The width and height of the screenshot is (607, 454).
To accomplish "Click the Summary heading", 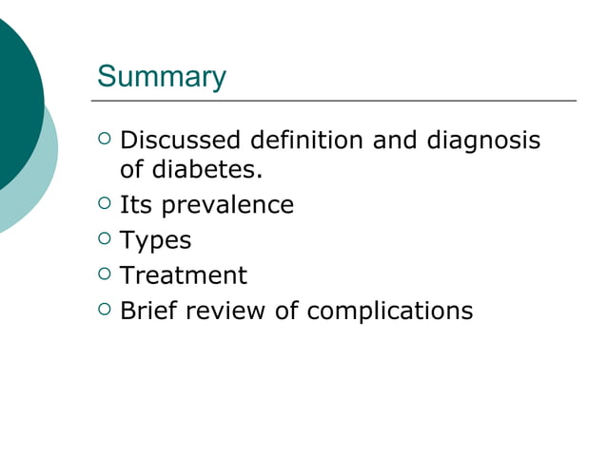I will click(162, 76).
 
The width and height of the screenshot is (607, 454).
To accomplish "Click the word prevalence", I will click(229, 205).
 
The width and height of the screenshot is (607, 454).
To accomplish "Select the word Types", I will click(155, 241).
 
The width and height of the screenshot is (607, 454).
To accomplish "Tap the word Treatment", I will click(183, 275).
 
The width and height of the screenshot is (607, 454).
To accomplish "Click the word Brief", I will click(147, 311).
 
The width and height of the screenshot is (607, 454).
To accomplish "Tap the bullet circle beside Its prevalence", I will click(104, 203).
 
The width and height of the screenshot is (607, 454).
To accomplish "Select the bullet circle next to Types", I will click(104, 239).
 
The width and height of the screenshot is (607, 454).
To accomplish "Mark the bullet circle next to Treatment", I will click(104, 274).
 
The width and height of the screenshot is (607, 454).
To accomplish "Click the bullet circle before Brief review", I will click(104, 310).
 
